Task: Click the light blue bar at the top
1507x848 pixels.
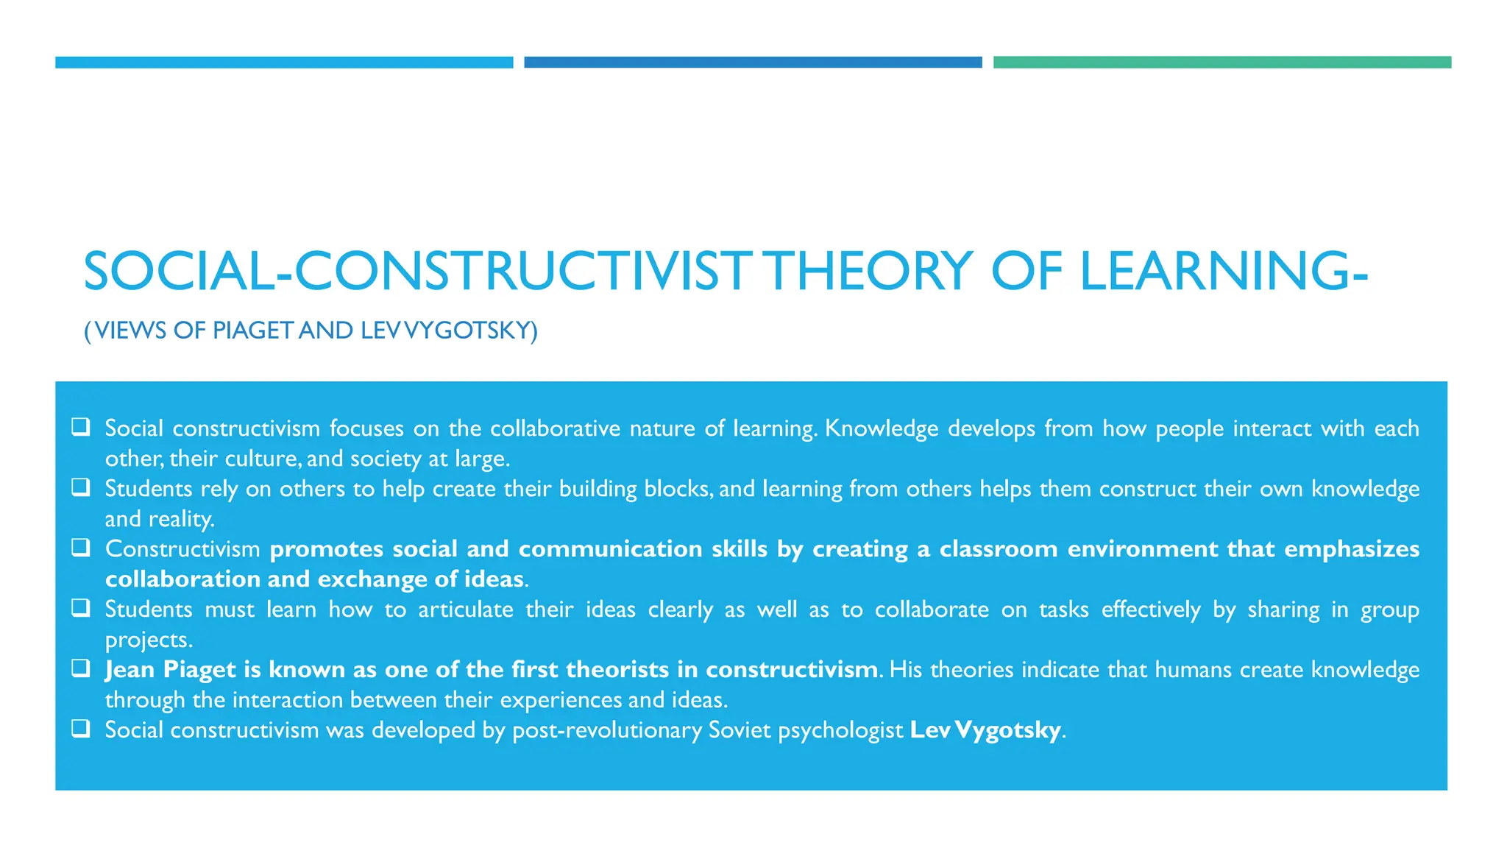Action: tap(284, 63)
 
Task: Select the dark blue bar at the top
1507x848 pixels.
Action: tap(753, 63)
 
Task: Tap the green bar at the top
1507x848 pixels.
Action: tap(1221, 63)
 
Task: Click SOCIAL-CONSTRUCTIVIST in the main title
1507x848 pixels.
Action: tap(418, 272)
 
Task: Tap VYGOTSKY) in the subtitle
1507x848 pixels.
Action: tap(471, 331)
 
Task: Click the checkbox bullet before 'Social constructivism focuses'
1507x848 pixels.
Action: tap(81, 426)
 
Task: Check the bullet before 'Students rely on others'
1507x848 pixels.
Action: tap(81, 487)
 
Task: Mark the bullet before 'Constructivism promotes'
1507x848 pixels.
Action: tap(81, 547)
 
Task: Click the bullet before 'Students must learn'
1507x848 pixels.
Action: tap(81, 607)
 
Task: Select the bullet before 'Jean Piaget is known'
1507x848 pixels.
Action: tap(81, 668)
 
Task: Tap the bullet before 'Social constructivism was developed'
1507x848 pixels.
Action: tap(81, 728)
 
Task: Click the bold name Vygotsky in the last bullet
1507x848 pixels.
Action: tap(1007, 730)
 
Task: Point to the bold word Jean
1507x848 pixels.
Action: tap(130, 670)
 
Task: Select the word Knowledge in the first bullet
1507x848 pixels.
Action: tap(882, 428)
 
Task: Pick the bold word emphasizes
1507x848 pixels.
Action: tap(1352, 549)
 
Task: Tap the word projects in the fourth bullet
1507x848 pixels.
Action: tap(148, 640)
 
